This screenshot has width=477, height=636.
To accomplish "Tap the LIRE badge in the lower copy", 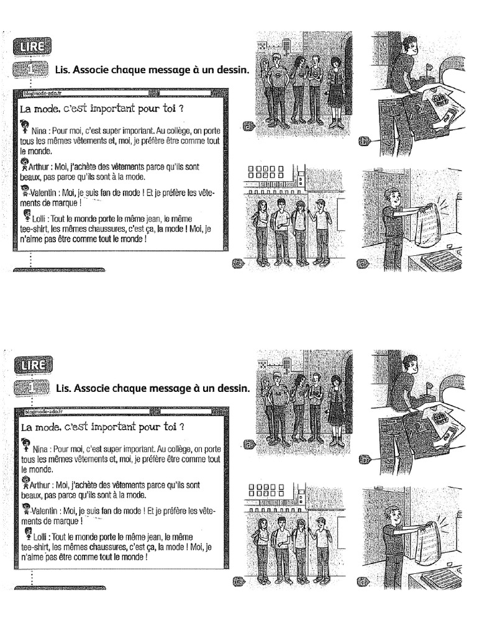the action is (x=29, y=365).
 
